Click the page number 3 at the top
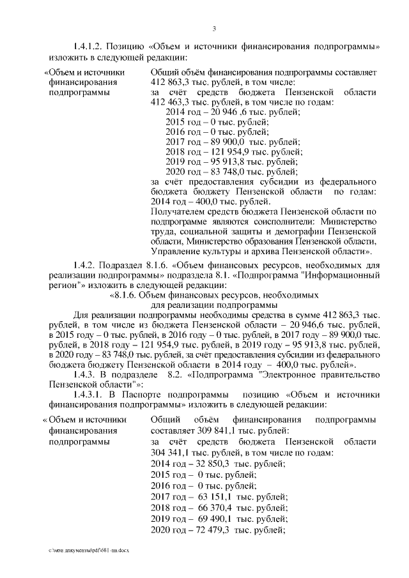click(215, 28)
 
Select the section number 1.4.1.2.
click(90, 47)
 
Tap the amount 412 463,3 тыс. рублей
click(176, 102)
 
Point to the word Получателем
click(176, 211)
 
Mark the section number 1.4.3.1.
click(90, 395)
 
